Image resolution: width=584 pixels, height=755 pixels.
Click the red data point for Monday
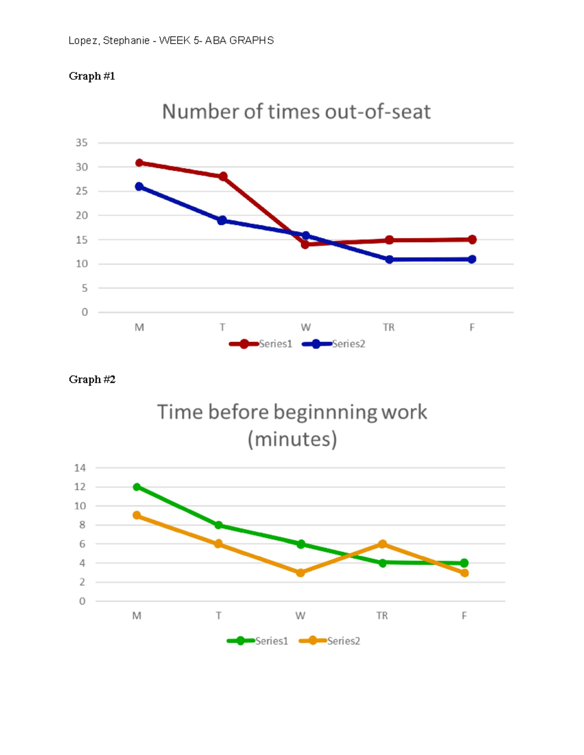[139, 163]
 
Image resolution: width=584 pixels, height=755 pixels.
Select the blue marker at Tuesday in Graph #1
[222, 220]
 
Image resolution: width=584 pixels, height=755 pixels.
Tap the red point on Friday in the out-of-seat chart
[472, 239]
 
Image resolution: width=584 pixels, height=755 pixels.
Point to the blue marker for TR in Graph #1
[389, 260]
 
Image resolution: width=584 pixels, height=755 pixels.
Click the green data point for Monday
[137, 487]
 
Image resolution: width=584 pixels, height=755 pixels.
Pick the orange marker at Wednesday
[300, 573]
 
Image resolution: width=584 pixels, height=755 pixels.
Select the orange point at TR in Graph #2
[383, 544]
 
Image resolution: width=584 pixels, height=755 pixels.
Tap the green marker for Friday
[464, 563]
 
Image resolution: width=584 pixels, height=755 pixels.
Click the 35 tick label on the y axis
[82, 143]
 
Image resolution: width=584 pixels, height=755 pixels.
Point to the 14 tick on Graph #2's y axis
[80, 468]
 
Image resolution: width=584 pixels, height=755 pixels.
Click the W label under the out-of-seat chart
[306, 327]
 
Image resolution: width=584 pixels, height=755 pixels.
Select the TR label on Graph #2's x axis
[382, 615]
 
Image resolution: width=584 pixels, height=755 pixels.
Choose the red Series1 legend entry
[261, 344]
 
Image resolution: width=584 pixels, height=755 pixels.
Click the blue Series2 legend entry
[334, 344]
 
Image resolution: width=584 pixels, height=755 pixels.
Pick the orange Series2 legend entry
[330, 641]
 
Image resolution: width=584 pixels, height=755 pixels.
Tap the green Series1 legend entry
[258, 641]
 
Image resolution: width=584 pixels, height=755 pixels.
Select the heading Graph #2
[92, 379]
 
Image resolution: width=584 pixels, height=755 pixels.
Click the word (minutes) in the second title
[292, 439]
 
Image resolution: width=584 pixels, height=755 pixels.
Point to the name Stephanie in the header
[126, 41]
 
